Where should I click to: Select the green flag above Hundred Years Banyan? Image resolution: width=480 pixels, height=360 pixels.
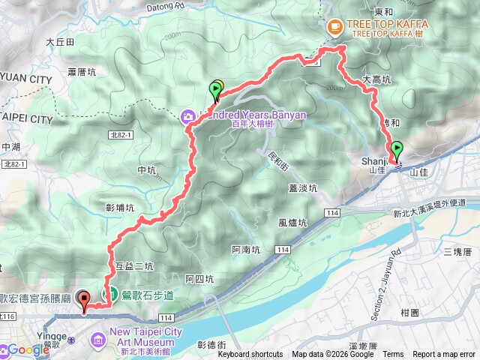pos(215,91)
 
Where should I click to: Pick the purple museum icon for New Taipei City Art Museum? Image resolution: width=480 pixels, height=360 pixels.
pos(98,342)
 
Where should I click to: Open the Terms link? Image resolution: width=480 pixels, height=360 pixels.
pos(392,355)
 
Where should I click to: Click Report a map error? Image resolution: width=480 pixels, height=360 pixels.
pos(445,355)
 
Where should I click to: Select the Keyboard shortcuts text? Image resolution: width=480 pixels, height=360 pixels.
pos(250,355)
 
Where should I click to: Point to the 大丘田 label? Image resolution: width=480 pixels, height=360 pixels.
pos(60,43)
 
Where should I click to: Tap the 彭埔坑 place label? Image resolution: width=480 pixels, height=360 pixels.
pos(120,207)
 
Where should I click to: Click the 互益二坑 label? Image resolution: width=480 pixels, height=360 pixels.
pos(134,266)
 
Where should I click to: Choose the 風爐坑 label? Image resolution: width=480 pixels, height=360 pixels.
pos(292,223)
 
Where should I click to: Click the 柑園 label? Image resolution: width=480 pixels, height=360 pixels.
pos(410,311)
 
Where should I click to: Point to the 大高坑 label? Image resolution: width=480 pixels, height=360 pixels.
pos(376,79)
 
